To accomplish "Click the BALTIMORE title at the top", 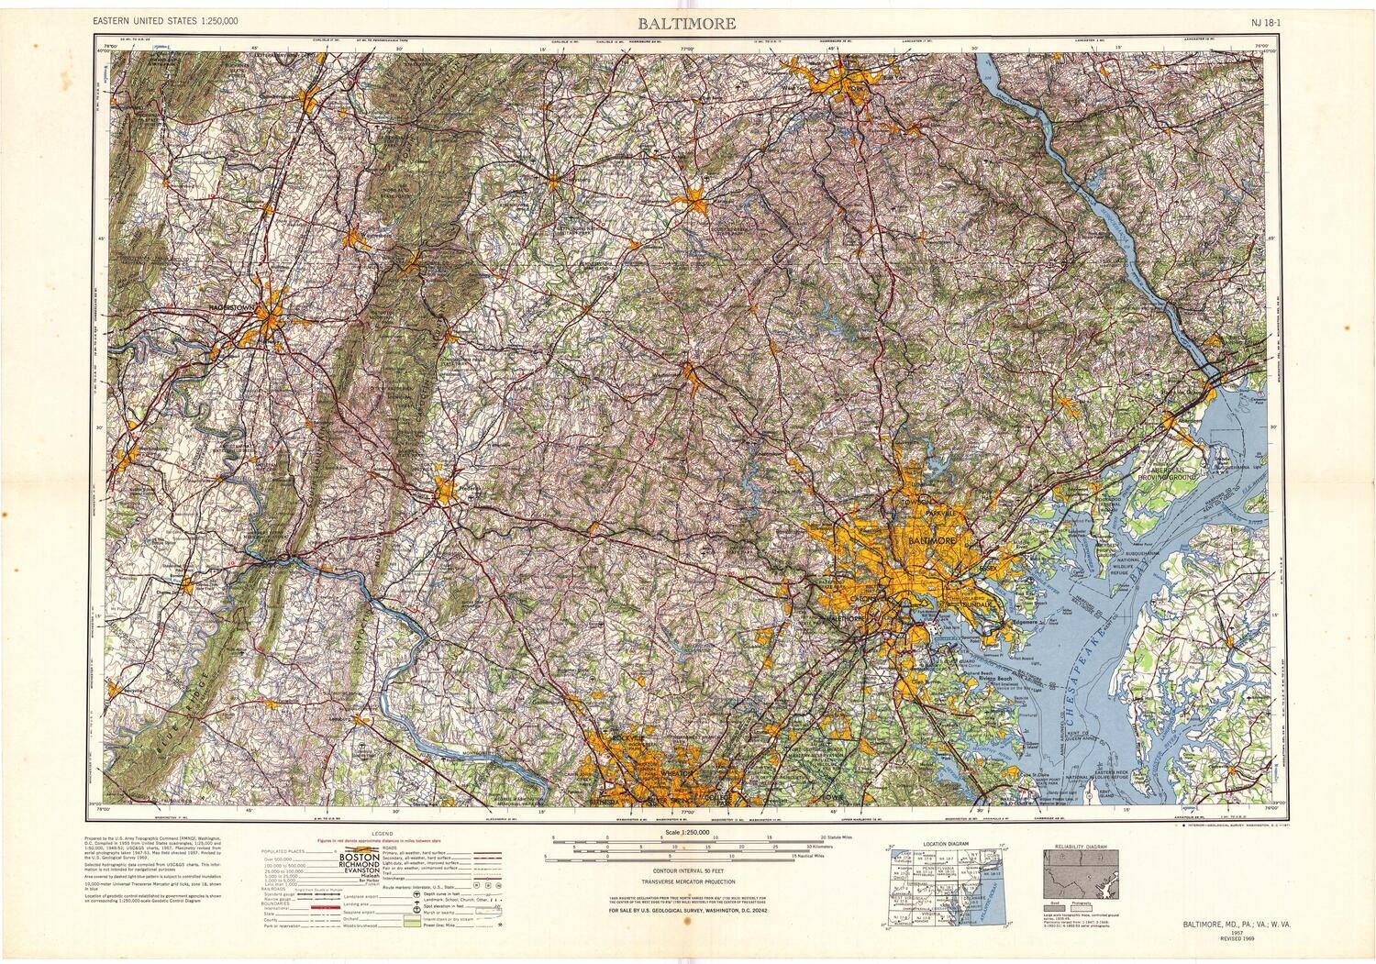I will pos(687,23).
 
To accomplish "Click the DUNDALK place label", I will pos(978,606).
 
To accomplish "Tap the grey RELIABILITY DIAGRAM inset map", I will pos(1081,868).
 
